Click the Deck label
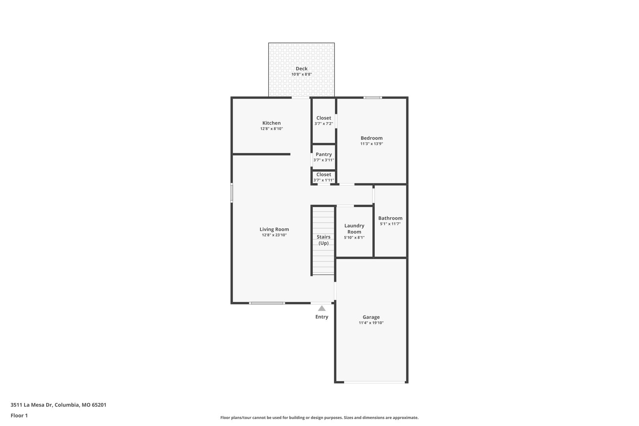click(301, 69)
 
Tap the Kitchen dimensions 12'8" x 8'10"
click(271, 129)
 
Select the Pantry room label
click(324, 154)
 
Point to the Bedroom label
click(372, 138)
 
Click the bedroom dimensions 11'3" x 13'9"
click(372, 144)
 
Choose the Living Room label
click(274, 229)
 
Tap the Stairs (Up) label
click(323, 240)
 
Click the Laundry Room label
click(354, 228)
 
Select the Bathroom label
click(390, 218)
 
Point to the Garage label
click(371, 317)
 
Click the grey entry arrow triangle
click(322, 308)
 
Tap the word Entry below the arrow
click(322, 317)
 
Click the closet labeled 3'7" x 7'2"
click(324, 121)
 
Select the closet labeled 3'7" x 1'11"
click(324, 177)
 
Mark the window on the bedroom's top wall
click(373, 97)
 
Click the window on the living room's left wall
click(232, 193)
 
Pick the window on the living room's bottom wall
click(267, 303)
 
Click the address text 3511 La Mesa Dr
click(31, 405)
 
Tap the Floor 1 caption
click(19, 415)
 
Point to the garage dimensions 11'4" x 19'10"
click(371, 323)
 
